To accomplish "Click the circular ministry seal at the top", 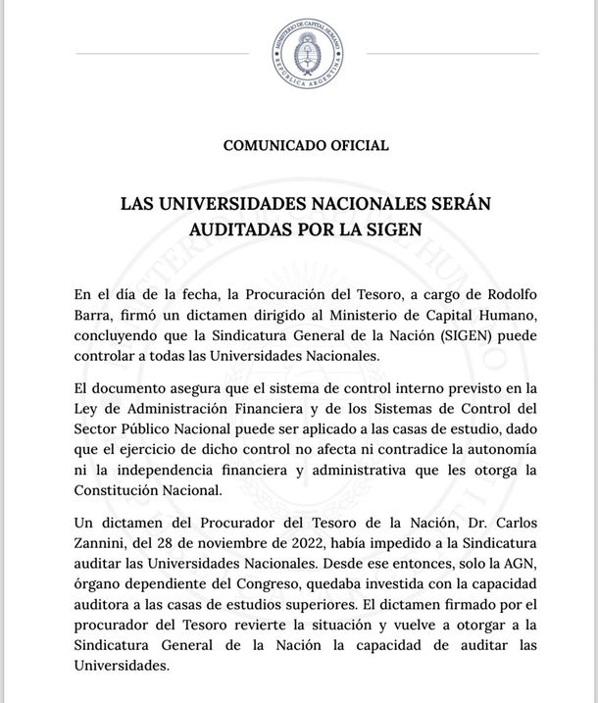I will coord(308,53).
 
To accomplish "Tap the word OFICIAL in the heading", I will coord(355,145).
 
